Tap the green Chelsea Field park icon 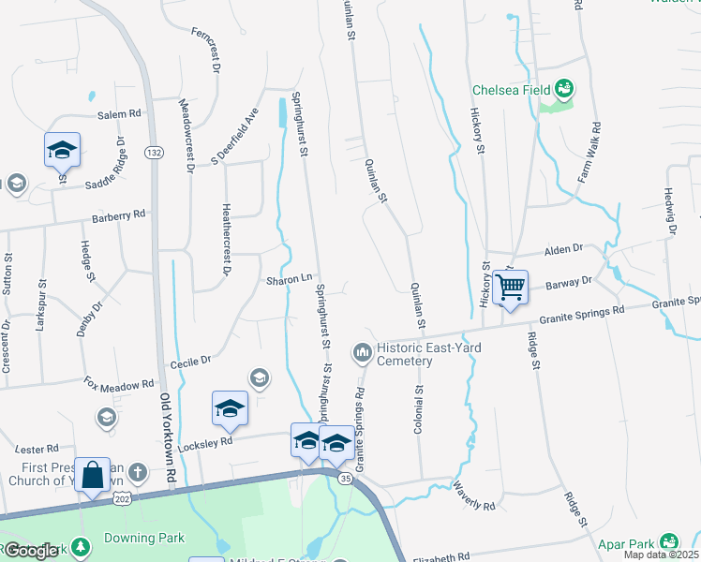coord(564,90)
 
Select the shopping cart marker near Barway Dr coord(511,288)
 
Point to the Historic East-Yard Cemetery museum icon coord(363,352)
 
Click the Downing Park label coord(143,538)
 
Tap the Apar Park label coord(627,542)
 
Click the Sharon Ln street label coord(289,279)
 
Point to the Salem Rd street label coord(119,113)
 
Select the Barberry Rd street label coord(119,215)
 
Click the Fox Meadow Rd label coord(119,384)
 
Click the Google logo coord(31,551)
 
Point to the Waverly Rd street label coord(473,497)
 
